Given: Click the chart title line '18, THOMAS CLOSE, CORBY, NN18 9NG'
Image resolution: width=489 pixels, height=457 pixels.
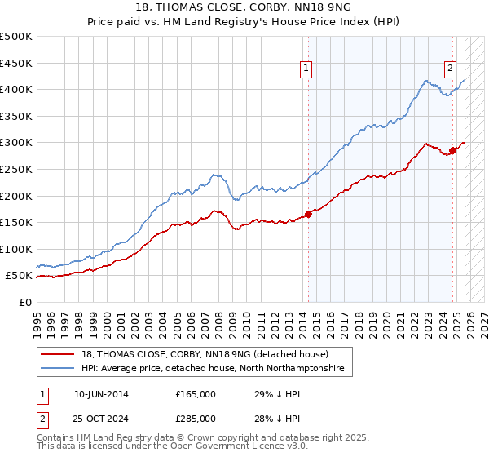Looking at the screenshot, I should point(244,7).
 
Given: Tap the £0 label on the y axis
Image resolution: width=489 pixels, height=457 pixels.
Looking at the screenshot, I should point(25,303).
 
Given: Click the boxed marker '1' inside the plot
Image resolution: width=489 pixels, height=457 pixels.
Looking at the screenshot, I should point(306,69).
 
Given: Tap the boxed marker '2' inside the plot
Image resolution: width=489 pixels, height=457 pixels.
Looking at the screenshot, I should point(450,69).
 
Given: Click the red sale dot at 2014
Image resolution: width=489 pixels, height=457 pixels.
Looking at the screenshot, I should point(308,215).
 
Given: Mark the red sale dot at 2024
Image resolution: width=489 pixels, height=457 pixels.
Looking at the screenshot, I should point(452,150).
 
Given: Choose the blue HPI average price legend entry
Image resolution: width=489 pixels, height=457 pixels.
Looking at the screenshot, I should point(213,369).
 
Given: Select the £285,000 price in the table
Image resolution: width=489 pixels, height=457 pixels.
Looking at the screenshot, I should point(196,418).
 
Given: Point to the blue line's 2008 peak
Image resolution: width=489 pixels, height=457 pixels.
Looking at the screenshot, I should point(214,174).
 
